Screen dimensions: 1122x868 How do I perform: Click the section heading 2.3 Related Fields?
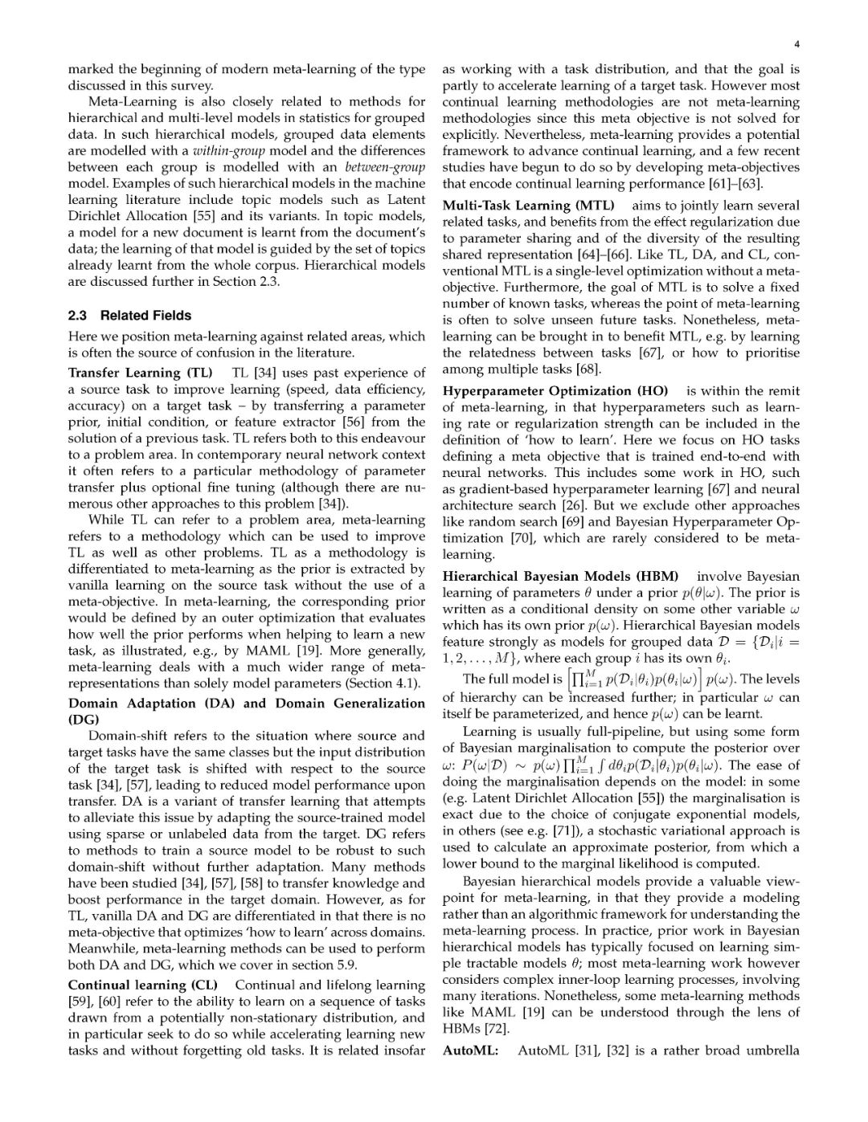tap(129, 315)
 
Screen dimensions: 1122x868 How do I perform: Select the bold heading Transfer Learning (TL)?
tap(140, 373)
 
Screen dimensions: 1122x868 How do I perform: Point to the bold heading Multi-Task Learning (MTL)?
tap(528, 206)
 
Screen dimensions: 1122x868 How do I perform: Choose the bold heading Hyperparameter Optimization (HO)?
tap(555, 391)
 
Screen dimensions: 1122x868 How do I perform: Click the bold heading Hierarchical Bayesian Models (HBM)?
tap(560, 577)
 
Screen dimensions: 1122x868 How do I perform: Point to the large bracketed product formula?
tap(635, 680)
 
